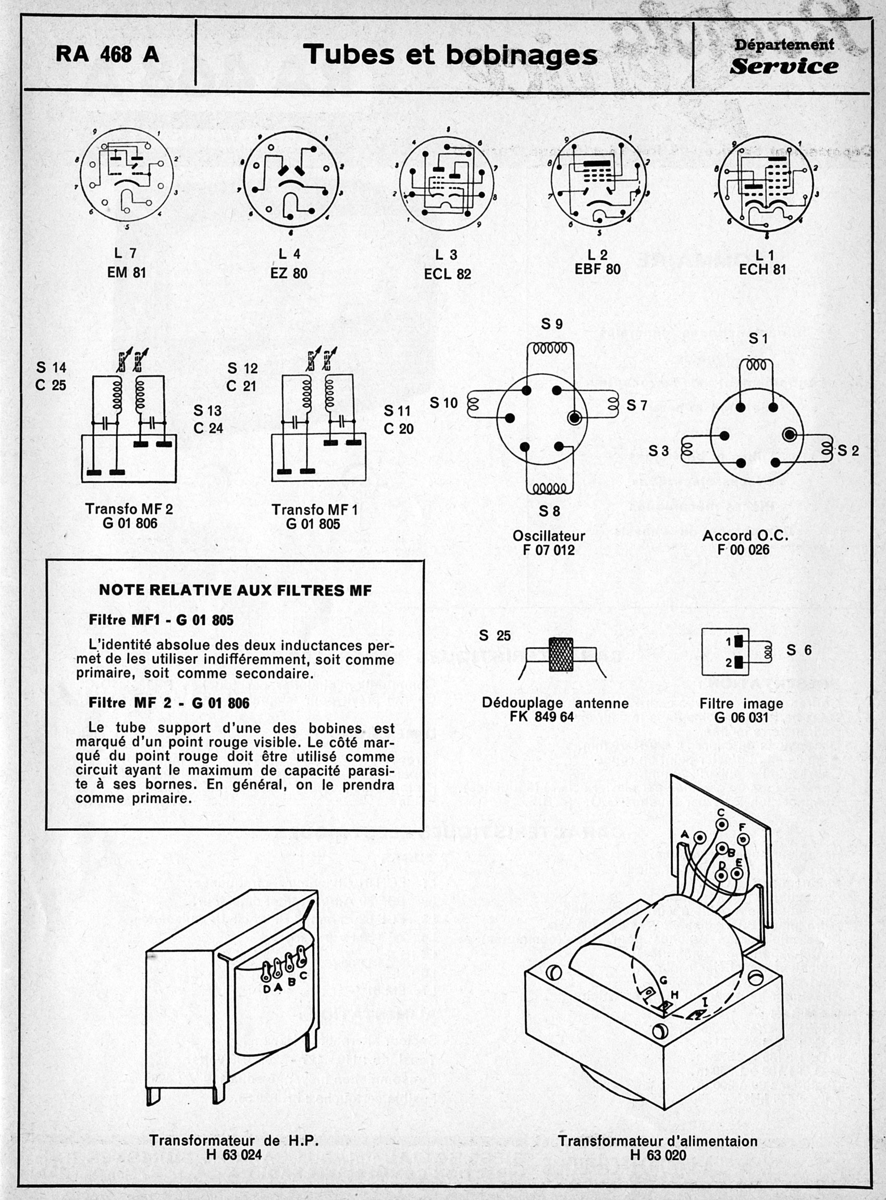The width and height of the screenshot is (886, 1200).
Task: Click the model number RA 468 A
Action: (107, 55)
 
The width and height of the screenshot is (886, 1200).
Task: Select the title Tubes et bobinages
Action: (449, 55)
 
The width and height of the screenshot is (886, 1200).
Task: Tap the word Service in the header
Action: (783, 67)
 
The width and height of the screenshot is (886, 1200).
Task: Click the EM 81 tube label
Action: (127, 273)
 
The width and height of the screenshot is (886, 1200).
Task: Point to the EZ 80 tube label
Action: (289, 273)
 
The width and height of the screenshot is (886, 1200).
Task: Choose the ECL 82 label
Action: (447, 274)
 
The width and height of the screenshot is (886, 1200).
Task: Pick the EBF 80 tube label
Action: (597, 269)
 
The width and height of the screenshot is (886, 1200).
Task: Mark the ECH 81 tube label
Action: (762, 270)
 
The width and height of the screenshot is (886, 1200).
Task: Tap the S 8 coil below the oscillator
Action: (550, 488)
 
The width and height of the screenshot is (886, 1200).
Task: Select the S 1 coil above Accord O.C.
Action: (756, 364)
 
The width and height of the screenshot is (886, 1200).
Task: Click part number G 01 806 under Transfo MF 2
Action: (130, 523)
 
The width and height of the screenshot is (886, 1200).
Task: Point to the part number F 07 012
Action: (549, 550)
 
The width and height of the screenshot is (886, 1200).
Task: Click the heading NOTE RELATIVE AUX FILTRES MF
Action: (235, 591)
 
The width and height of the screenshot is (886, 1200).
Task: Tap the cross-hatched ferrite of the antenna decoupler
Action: (560, 654)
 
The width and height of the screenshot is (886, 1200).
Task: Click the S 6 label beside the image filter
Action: (798, 650)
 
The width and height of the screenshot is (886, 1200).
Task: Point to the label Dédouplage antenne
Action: (555, 703)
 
